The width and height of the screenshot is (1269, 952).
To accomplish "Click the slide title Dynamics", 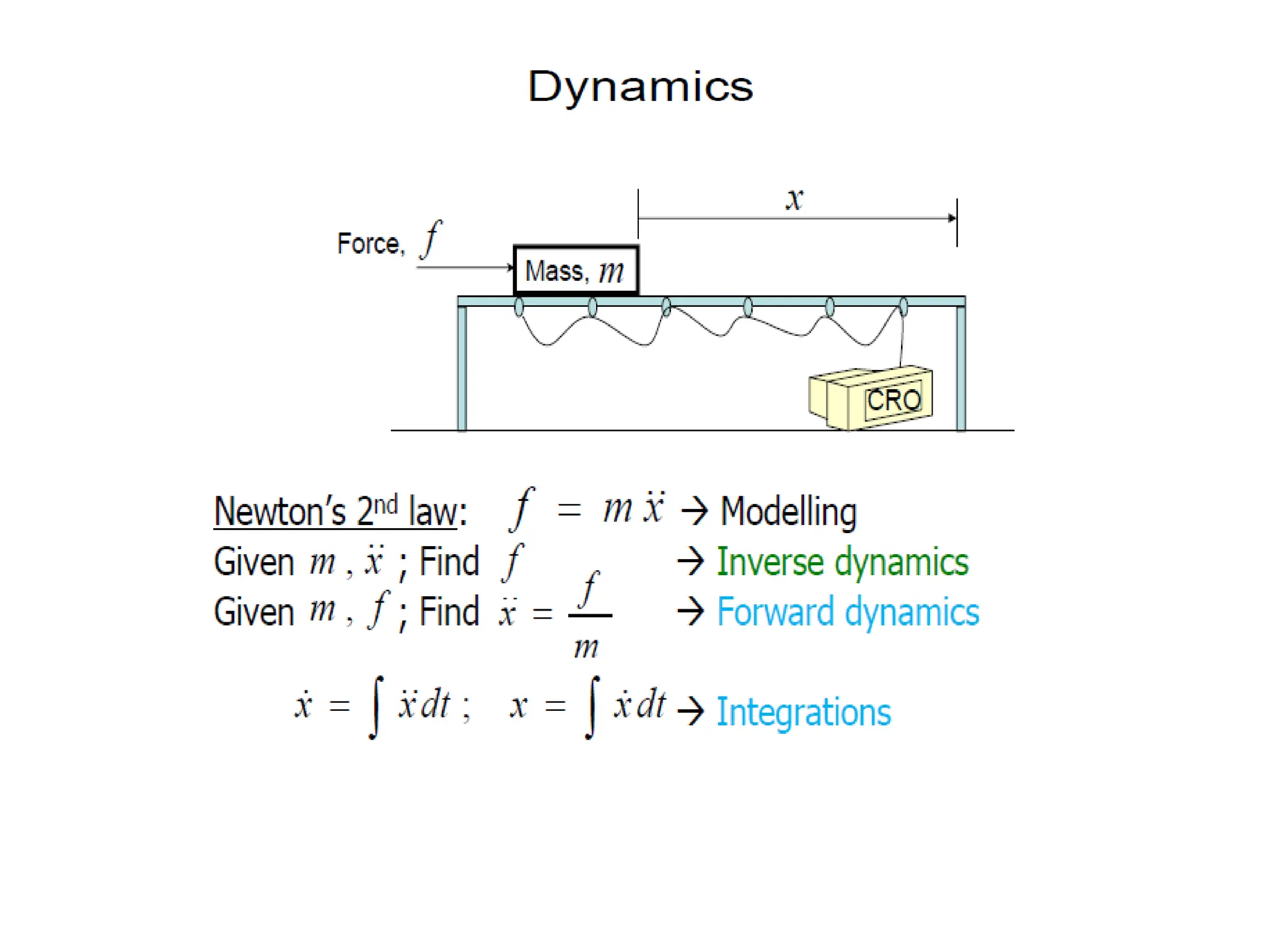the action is click(640, 87).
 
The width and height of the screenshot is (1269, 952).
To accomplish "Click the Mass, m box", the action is click(576, 271).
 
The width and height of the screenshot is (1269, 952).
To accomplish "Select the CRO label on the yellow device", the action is click(893, 400).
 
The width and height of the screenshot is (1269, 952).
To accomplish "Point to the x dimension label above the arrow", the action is click(794, 200).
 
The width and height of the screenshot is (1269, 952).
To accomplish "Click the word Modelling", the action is click(788, 512).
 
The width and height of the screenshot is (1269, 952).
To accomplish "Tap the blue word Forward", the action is click(775, 612).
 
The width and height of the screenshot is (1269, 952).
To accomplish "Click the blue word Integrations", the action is click(804, 712).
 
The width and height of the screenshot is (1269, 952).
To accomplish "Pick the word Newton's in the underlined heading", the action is click(279, 512).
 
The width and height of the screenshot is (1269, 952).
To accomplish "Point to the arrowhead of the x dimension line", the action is click(952, 218).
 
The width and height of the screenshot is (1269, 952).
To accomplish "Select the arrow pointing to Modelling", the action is click(694, 512).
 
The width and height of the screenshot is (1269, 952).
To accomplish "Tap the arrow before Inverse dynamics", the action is click(690, 562).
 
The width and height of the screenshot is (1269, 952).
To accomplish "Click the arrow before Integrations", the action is click(690, 711).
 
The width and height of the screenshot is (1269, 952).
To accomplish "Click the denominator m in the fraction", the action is click(586, 648).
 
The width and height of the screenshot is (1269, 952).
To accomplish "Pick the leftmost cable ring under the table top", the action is click(519, 306).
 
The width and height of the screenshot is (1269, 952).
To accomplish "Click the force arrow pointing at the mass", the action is click(465, 267).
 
